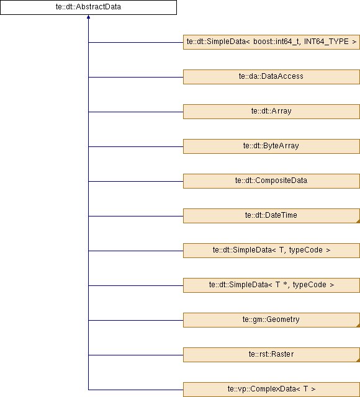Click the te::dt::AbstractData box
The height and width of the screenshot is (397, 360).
point(88,7)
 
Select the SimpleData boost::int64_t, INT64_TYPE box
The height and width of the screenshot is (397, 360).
point(271,42)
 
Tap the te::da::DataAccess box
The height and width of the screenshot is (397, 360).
point(271,77)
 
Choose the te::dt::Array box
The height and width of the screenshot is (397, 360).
point(271,112)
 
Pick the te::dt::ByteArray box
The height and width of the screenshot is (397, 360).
point(271,146)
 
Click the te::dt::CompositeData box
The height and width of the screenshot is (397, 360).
point(271,181)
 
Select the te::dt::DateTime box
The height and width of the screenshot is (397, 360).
point(271,216)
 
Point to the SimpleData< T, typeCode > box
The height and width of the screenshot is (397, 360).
point(271,251)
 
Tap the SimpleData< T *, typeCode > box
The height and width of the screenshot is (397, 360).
point(271,285)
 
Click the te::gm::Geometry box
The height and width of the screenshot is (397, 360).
point(271,320)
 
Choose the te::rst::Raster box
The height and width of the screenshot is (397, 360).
point(271,355)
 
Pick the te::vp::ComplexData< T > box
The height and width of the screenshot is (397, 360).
point(271,390)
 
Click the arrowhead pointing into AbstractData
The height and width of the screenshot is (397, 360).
point(88,17)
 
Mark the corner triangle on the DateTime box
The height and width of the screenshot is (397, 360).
point(358,221)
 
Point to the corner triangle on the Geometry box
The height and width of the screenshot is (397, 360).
point(358,326)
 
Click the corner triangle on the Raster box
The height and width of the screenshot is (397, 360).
point(358,360)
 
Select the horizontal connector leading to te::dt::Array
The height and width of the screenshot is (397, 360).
point(136,112)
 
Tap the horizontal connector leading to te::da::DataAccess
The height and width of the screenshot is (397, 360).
point(136,77)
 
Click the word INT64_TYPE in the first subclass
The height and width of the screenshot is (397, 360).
point(326,42)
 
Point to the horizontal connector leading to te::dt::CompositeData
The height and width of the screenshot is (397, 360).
point(136,181)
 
